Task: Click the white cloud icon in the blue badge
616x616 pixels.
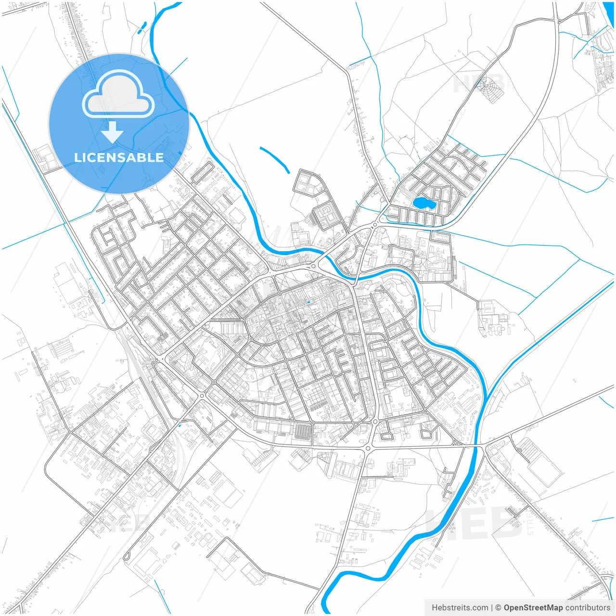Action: pos(118,95)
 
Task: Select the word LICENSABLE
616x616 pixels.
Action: pos(119,157)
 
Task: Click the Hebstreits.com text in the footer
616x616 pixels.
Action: pos(460,608)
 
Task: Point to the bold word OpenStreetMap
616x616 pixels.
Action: pos(533,608)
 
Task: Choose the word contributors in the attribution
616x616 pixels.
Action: pos(588,608)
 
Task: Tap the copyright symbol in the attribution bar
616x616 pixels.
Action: pos(498,608)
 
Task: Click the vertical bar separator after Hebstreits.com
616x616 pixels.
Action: pos(491,608)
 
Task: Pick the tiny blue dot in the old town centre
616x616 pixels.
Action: pos(308,302)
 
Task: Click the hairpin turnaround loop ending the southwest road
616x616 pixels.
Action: pos(127,557)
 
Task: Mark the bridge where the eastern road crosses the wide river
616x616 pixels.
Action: pos(478,446)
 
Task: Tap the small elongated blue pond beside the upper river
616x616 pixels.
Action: pos(142,27)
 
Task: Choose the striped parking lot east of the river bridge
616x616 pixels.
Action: pos(530,450)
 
